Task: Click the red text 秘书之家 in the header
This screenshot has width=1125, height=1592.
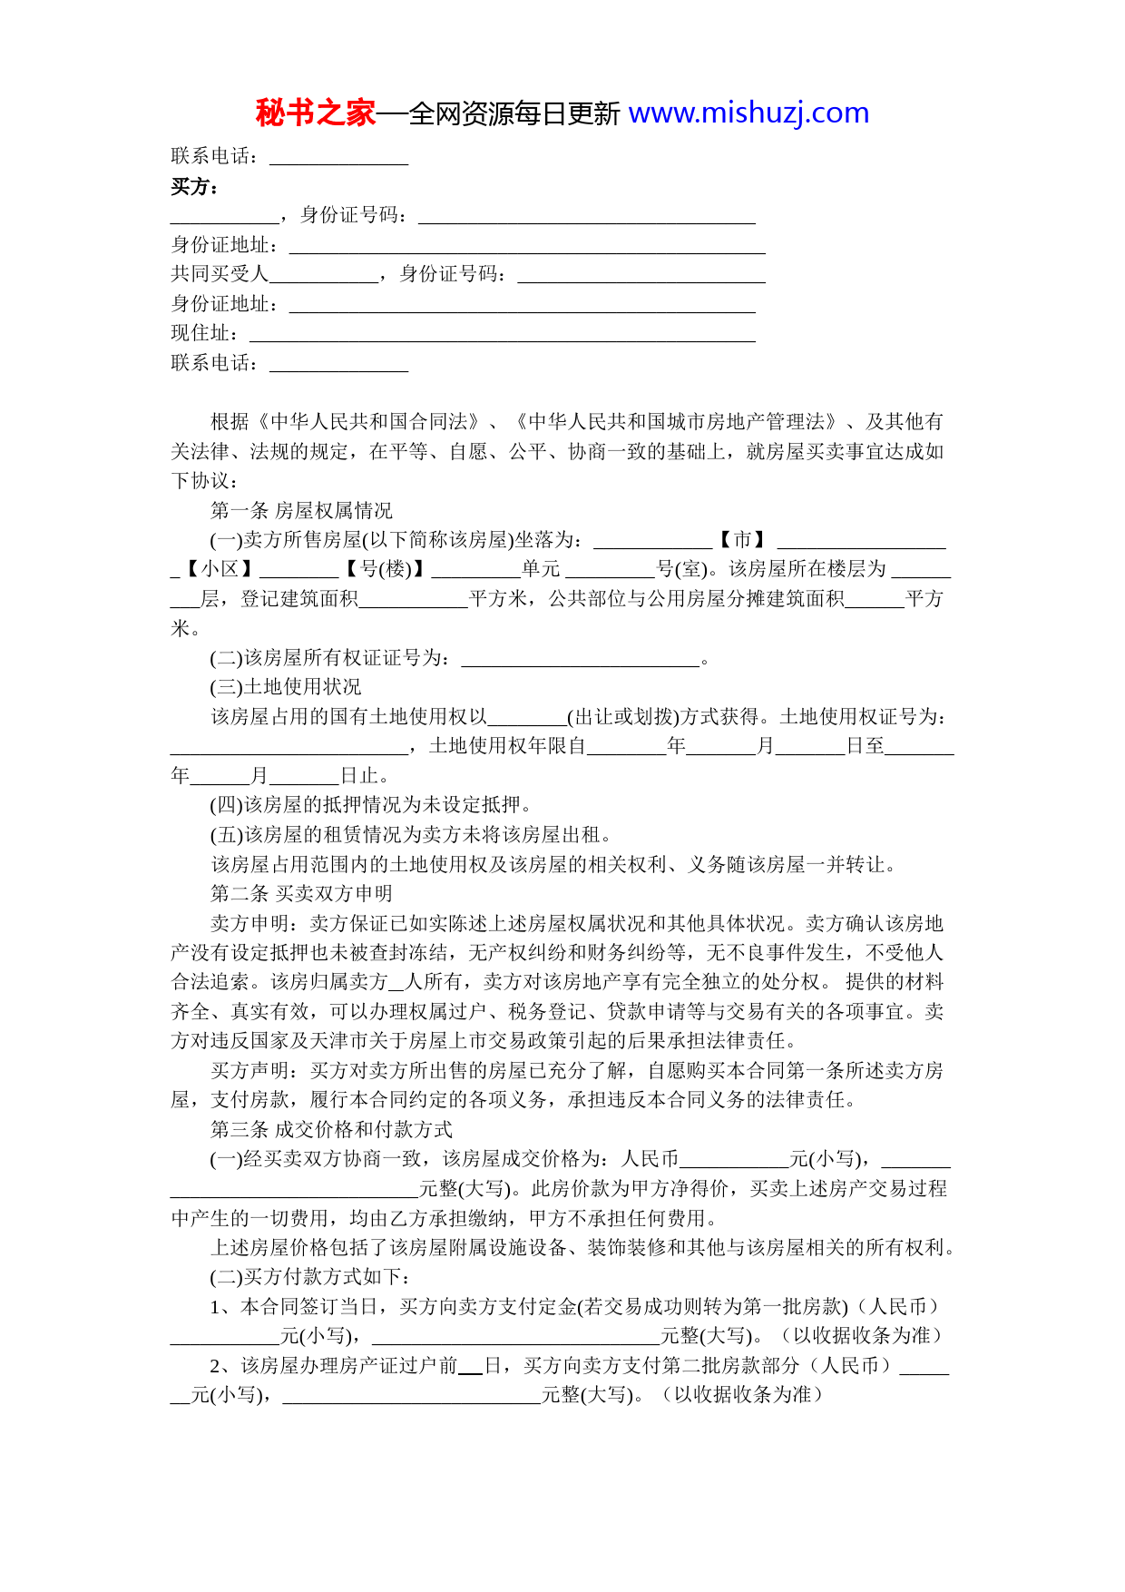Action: pos(315,113)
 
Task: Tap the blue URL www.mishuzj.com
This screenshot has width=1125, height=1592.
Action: pos(748,113)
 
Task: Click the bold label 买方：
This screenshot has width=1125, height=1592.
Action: pos(195,187)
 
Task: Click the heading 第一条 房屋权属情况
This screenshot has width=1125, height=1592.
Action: pos(301,510)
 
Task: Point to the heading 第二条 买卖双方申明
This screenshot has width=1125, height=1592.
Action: pos(301,893)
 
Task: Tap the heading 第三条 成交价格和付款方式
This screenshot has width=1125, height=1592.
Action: pos(331,1129)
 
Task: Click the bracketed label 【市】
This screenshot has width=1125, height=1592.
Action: pos(743,540)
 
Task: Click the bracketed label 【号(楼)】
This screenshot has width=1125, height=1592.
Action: pos(385,569)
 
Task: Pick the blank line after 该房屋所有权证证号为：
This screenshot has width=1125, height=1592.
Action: pos(581,658)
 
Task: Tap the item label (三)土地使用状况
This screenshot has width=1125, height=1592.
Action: pos(285,687)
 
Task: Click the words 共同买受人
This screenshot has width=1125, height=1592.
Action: pos(220,274)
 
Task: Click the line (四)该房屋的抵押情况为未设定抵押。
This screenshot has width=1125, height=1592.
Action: pos(371,805)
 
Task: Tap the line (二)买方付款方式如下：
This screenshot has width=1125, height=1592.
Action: pos(311,1277)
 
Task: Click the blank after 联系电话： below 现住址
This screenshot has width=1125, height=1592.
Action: pos(338,364)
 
